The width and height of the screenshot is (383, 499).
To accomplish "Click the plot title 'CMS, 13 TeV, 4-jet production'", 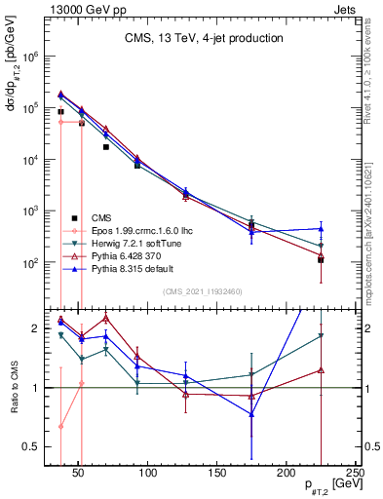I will point(204,39).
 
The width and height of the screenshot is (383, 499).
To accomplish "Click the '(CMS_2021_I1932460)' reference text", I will point(204,289).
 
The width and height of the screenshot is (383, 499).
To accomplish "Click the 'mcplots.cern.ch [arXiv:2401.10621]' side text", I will point(373,219).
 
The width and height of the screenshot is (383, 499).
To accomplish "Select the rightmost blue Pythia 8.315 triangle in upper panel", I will point(321,229).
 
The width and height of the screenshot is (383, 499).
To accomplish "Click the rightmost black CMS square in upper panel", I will point(321,259).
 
